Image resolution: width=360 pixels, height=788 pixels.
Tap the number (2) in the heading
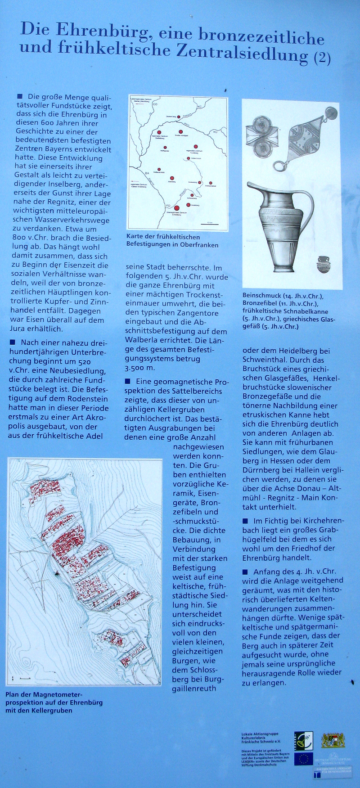click(322, 57)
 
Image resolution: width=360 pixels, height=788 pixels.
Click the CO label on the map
click(155, 104)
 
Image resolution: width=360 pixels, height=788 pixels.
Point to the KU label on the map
click(215, 132)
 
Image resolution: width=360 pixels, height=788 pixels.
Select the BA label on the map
click(147, 173)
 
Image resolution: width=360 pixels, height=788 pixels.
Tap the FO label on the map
click(169, 206)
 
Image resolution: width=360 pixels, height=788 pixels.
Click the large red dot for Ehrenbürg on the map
click(177, 208)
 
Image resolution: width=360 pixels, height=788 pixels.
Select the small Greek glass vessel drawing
click(323, 264)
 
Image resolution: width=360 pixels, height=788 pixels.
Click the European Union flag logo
click(303, 759)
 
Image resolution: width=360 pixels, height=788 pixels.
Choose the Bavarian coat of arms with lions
click(333, 740)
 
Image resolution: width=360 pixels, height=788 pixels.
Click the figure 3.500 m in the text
click(139, 368)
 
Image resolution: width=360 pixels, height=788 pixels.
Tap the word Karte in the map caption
click(135, 237)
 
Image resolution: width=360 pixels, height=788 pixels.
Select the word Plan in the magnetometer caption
click(13, 694)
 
